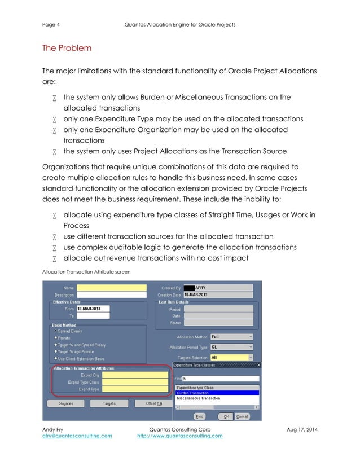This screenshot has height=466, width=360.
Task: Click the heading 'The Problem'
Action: (x=67, y=48)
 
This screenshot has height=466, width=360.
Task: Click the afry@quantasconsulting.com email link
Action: (x=77, y=436)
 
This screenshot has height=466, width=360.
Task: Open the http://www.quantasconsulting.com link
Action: (x=179, y=436)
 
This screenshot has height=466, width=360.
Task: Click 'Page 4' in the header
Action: (x=51, y=24)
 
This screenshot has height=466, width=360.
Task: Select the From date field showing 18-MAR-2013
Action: (x=93, y=309)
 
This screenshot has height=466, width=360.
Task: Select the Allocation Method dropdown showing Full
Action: (x=231, y=337)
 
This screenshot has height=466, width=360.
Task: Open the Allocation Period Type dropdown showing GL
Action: (x=231, y=347)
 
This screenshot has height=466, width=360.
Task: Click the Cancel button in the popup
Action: (x=242, y=416)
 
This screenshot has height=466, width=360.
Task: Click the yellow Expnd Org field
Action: (x=135, y=375)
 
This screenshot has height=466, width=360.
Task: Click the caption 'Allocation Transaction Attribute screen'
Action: (x=86, y=272)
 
